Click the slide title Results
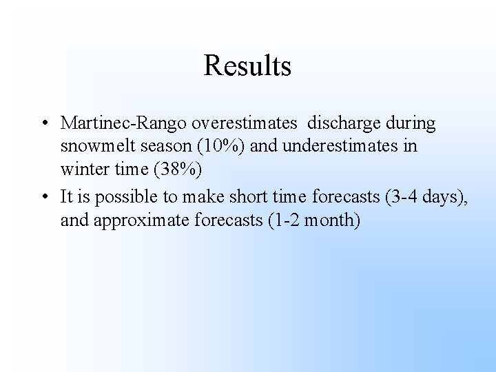[247, 66]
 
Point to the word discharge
[340, 123]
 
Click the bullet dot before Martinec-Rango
[43, 124]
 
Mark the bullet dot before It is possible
[43, 197]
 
